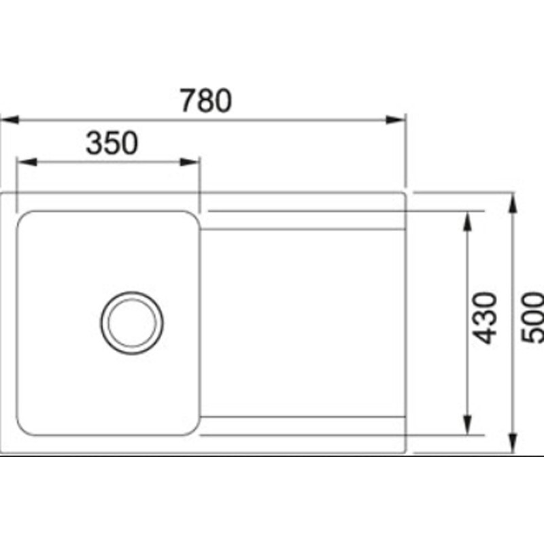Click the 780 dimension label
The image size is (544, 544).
[x=206, y=101]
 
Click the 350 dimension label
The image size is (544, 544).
[x=112, y=143]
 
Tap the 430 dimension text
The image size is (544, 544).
[x=486, y=317]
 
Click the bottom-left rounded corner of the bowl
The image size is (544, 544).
[x=23, y=428]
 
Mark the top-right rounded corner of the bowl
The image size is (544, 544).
[x=193, y=217]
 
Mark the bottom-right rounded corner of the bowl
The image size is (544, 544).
[x=193, y=429]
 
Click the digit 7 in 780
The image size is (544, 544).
[x=188, y=101]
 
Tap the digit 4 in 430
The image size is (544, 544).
[x=486, y=335]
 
